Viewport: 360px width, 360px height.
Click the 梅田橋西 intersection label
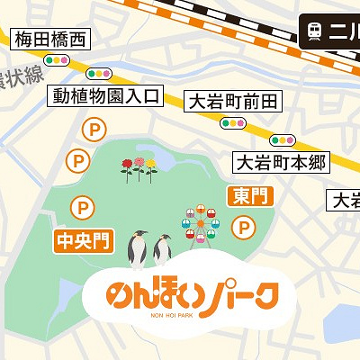tap(50, 39)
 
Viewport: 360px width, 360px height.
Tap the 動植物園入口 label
tap(106, 94)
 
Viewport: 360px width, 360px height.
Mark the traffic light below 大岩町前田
tap(233, 123)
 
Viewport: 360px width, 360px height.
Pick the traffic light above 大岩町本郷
tap(283, 140)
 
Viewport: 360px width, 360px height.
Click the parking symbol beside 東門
tap(242, 230)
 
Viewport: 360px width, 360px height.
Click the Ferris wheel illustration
tap(201, 222)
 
